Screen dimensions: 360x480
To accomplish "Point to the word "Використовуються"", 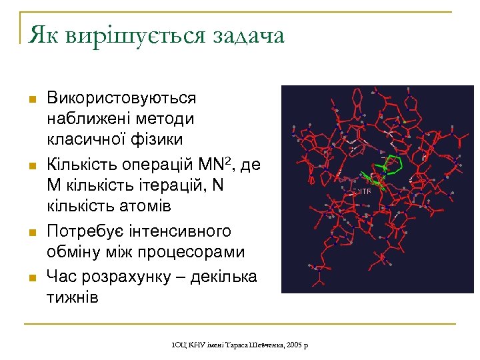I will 121,98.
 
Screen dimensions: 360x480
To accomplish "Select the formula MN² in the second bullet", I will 213,163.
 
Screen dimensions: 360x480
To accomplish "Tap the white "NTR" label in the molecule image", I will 362,191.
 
